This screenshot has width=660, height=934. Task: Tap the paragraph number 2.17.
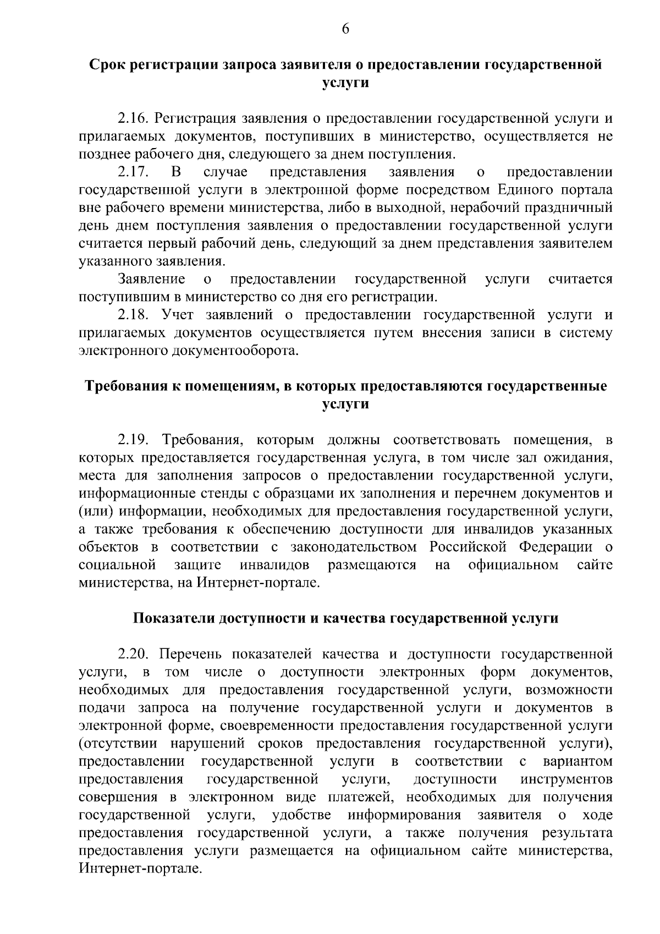pyautogui.click(x=133, y=172)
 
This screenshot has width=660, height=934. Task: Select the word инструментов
pyautogui.click(x=566, y=779)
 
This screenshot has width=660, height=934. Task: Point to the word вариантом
pyautogui.click(x=577, y=762)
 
